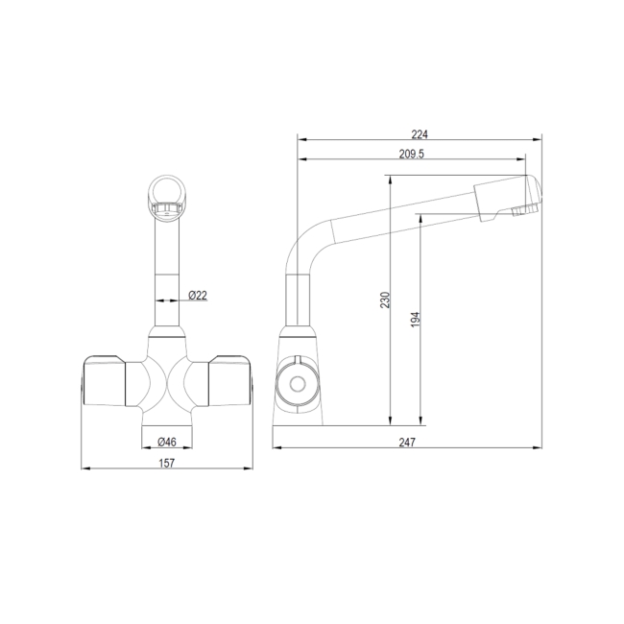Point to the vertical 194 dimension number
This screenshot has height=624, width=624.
click(x=415, y=319)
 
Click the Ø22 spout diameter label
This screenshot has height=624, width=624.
click(x=198, y=295)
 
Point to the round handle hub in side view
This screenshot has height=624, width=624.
click(x=293, y=385)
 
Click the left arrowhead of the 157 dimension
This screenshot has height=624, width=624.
click(x=84, y=469)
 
